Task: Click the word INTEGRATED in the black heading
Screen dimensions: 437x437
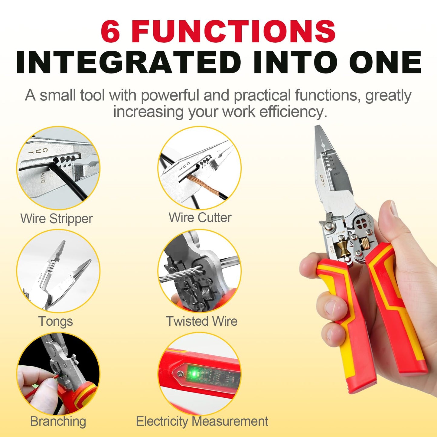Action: [128, 63]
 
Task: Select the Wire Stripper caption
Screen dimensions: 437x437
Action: [57, 219]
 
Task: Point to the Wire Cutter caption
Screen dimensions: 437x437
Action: [200, 218]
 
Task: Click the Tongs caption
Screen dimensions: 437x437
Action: [56, 321]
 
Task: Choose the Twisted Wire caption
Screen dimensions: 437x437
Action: [202, 321]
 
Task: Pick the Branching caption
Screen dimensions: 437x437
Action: [58, 422]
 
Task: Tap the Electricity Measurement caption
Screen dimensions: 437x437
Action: [202, 422]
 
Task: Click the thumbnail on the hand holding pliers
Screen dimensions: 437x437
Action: [394, 209]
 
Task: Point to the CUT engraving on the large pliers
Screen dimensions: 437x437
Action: [322, 180]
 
